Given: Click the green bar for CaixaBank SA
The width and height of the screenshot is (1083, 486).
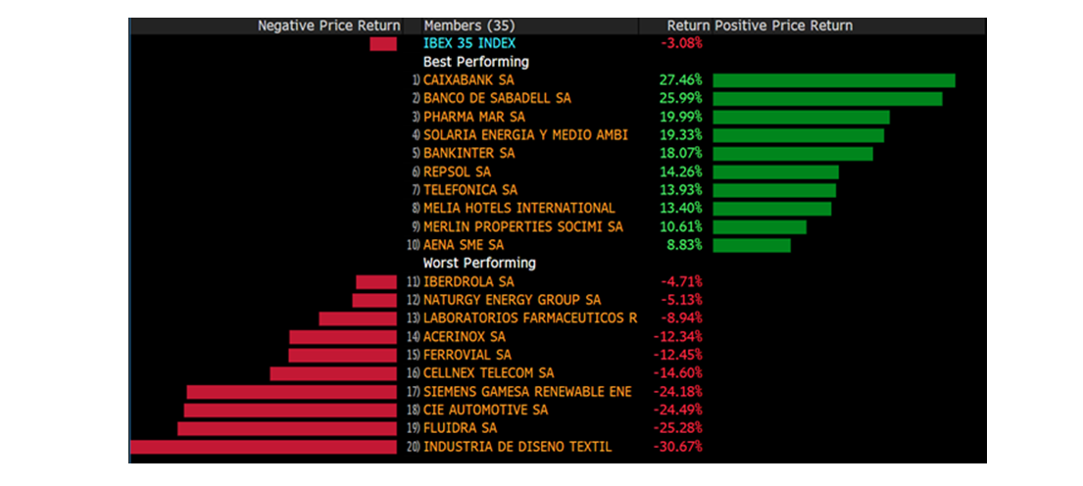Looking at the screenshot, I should (833, 80).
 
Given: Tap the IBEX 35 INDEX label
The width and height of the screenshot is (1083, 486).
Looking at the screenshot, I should (469, 43).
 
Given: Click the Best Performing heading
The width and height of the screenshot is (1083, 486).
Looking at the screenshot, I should (475, 62).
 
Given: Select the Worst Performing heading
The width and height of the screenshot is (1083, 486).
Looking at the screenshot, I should (479, 263).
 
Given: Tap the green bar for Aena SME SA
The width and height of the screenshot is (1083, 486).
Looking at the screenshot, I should (751, 245).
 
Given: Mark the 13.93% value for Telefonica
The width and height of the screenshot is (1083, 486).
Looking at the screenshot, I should (682, 189).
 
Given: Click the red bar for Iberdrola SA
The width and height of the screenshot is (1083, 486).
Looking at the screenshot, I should (376, 282).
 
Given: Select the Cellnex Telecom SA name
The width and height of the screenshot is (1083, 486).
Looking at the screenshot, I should (488, 373).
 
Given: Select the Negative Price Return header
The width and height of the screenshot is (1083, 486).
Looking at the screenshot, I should (328, 25).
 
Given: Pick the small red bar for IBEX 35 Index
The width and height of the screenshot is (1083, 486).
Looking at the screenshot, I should (383, 44).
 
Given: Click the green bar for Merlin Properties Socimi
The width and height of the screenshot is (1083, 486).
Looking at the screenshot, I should (760, 226).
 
